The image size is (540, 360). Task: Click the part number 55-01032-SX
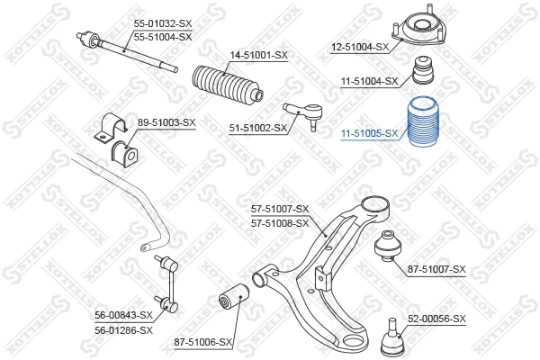tap(163, 23)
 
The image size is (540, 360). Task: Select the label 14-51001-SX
tap(258, 55)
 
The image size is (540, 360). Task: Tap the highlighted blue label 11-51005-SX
tap(369, 133)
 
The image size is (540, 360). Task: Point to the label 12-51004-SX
tap(360, 47)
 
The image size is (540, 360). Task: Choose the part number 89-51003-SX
tap(166, 122)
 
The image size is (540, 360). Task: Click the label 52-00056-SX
tap(436, 319)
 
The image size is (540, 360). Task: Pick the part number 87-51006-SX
tap(202, 342)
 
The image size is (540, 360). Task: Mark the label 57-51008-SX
tap(280, 223)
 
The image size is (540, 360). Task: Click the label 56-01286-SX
tap(123, 330)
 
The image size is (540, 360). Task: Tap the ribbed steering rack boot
tap(228, 84)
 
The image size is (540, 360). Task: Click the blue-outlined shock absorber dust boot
tap(424, 122)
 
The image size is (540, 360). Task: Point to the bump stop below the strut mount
tap(424, 69)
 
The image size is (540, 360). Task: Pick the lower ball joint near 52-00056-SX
tap(392, 337)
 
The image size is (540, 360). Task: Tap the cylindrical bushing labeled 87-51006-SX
tap(234, 296)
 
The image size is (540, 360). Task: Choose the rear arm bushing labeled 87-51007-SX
tap(388, 246)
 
